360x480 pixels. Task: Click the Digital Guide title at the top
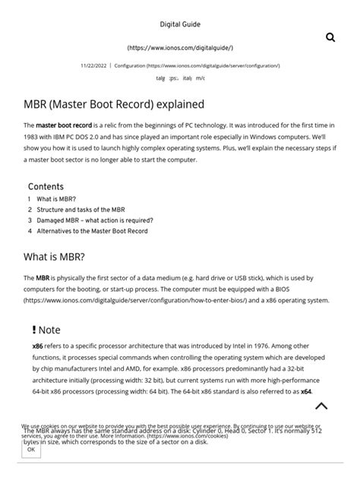(180, 24)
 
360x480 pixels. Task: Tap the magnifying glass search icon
(330, 37)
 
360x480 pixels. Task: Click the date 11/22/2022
(94, 66)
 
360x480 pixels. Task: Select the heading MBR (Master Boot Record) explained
(114, 103)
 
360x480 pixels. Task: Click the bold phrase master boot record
(64, 125)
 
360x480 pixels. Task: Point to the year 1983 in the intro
(32, 137)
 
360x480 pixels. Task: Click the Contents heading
(46, 187)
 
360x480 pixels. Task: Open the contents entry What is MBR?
(55, 199)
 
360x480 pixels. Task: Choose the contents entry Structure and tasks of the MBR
(81, 210)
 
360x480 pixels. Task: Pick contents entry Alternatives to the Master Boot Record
(92, 231)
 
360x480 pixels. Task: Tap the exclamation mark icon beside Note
(33, 330)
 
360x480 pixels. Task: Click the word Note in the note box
(49, 330)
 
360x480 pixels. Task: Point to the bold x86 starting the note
(37, 346)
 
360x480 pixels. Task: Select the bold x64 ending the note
(305, 391)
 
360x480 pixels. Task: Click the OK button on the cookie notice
(30, 450)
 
